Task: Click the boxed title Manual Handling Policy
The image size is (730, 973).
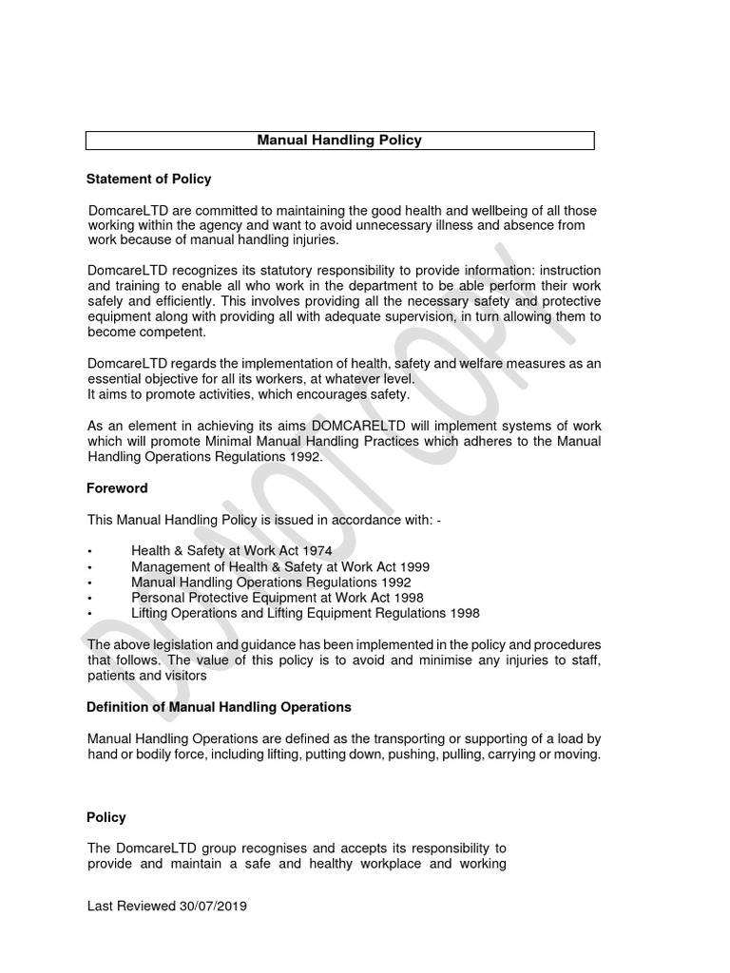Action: tap(339, 140)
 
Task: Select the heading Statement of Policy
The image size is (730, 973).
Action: tap(148, 179)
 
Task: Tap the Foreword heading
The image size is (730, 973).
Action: tap(117, 487)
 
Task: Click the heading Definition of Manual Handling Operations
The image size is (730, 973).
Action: tap(219, 707)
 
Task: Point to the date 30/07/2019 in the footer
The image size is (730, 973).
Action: tap(213, 906)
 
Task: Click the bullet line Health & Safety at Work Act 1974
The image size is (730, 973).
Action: tap(232, 552)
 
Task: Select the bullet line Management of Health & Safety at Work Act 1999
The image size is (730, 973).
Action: tap(280, 567)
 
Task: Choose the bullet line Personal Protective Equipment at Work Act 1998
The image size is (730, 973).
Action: tap(277, 598)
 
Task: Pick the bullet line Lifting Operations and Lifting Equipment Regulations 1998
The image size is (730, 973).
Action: tap(305, 613)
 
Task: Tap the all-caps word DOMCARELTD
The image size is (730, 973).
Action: tap(361, 426)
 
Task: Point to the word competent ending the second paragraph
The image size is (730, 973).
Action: tap(174, 333)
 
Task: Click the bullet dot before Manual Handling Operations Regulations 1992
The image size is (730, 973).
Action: tap(89, 583)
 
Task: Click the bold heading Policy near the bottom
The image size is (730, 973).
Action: tap(106, 817)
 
